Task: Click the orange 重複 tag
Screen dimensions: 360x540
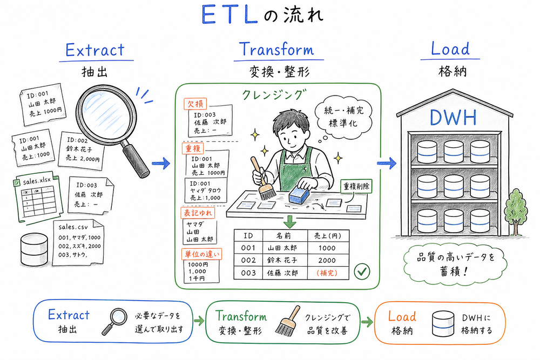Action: click(x=194, y=148)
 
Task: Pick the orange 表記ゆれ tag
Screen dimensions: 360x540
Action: click(x=197, y=214)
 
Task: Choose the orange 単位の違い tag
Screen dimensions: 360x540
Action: click(x=200, y=253)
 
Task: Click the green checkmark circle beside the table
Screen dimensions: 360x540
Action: click(x=361, y=271)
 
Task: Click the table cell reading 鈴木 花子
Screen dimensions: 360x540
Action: click(x=282, y=261)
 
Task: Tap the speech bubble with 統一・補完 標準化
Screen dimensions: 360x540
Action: click(x=340, y=117)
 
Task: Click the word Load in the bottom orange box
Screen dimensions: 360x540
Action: click(x=402, y=316)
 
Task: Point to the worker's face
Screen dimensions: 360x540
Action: click(x=285, y=130)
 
